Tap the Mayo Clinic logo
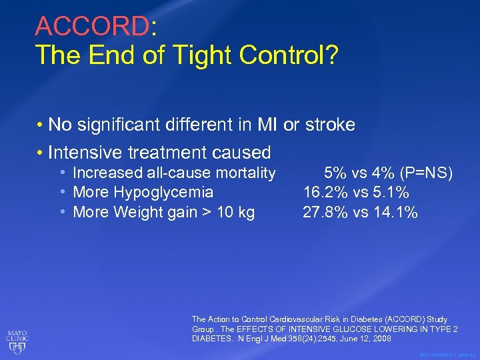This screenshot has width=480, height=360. point(18,333)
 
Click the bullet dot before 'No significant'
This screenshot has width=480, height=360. point(41,125)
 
